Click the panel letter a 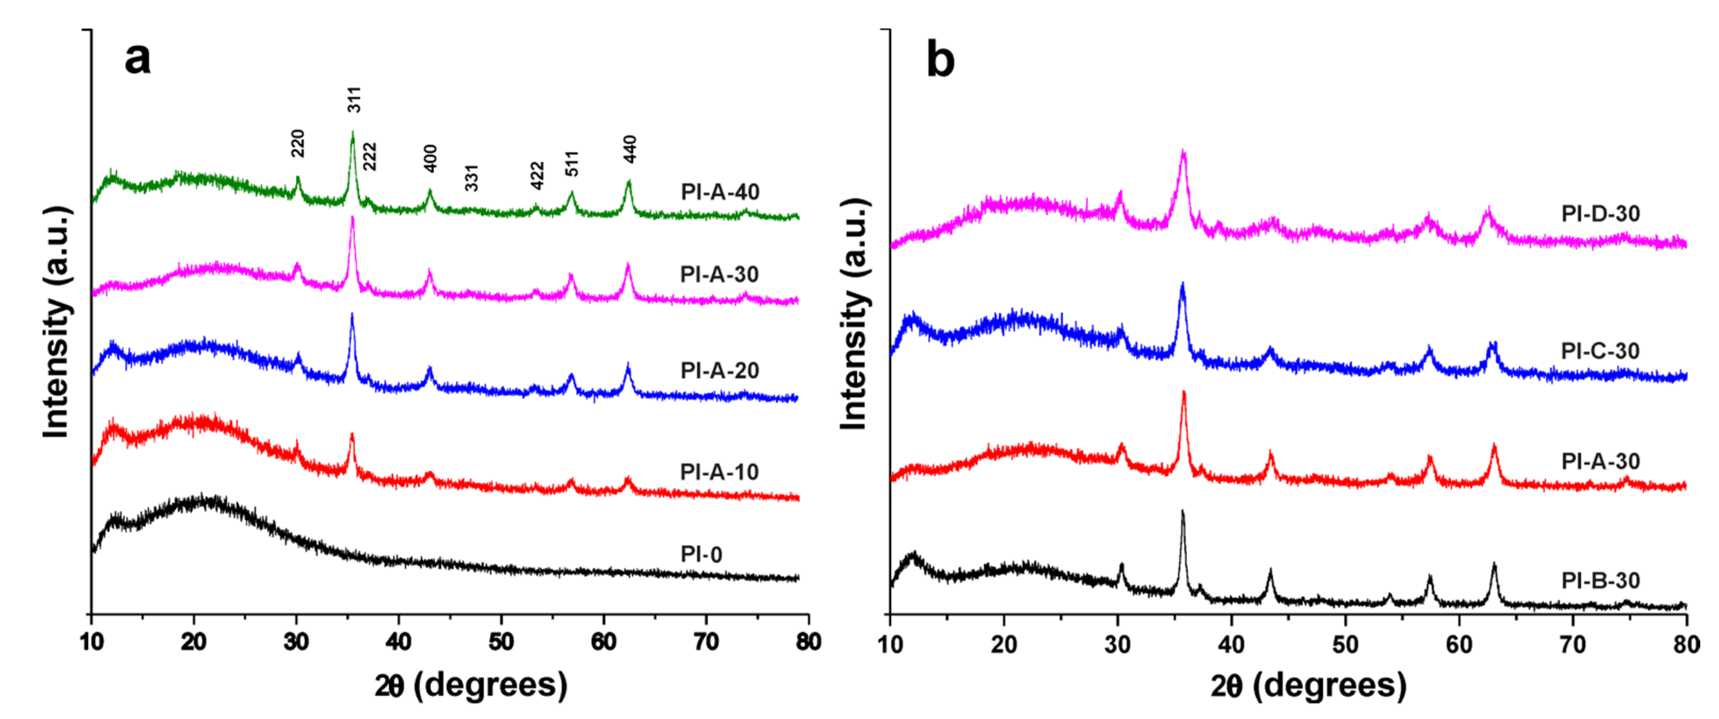[137, 59]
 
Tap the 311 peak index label [355, 100]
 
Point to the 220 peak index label [297, 143]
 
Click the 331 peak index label [472, 178]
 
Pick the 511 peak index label [572, 164]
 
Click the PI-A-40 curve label [720, 192]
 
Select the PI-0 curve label [701, 554]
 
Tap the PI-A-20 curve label [720, 371]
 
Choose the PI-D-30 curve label [1600, 214]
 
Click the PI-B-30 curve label [1600, 580]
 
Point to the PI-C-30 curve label [1600, 351]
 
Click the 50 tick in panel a [501, 642]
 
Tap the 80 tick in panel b [1686, 644]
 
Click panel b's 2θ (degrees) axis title [1308, 686]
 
